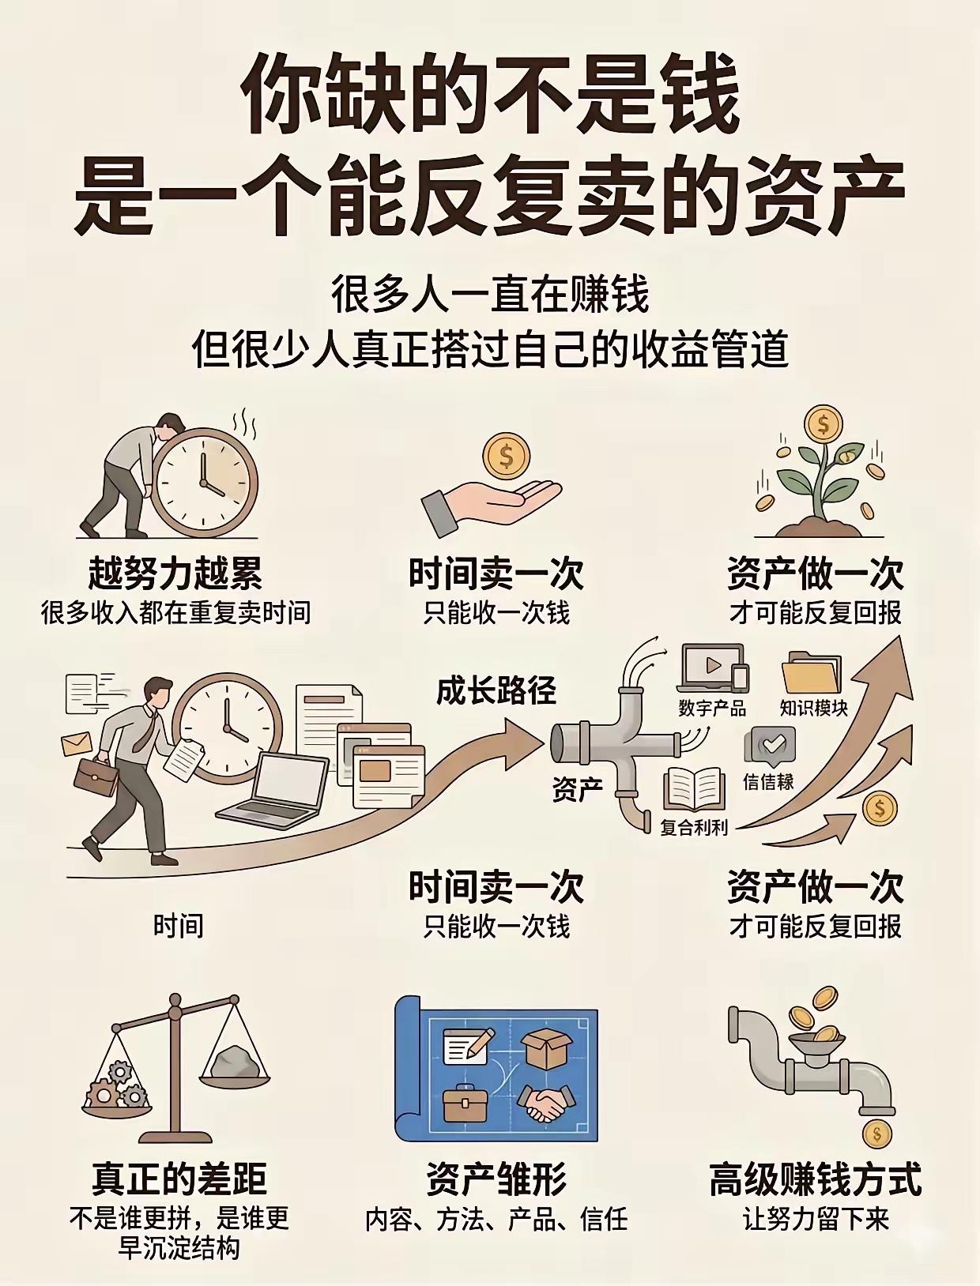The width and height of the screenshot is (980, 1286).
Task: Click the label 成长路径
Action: (x=496, y=690)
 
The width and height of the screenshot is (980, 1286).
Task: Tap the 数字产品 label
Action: (x=712, y=708)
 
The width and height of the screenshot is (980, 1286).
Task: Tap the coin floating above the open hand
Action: (x=507, y=457)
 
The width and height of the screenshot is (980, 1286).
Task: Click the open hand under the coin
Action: (x=491, y=503)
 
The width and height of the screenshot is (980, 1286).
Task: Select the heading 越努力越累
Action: (x=175, y=573)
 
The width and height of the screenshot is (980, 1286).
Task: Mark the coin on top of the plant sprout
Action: (x=823, y=425)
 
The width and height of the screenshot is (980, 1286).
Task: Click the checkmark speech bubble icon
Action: (x=771, y=746)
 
